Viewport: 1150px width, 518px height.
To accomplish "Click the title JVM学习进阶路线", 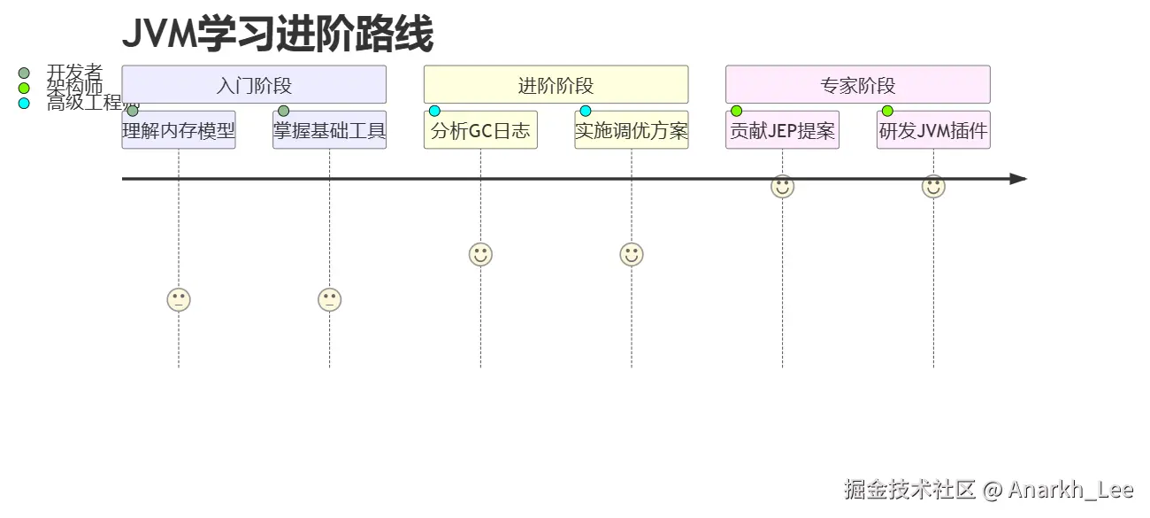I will pyautogui.click(x=277, y=35).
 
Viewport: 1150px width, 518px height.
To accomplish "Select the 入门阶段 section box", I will pyautogui.click(x=254, y=85).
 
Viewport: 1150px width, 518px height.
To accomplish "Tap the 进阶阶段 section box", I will pyautogui.click(x=556, y=85).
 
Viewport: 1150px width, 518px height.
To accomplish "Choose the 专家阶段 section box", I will pyautogui.click(x=857, y=85).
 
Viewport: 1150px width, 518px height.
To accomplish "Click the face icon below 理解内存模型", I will pyautogui.click(x=179, y=299).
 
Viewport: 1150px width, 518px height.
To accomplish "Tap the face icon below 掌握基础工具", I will pyautogui.click(x=329, y=299).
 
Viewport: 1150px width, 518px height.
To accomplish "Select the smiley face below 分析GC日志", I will pyautogui.click(x=480, y=254).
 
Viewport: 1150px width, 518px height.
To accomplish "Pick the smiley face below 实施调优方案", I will pyautogui.click(x=631, y=254).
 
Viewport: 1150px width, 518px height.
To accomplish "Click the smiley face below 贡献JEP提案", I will pyautogui.click(x=782, y=187).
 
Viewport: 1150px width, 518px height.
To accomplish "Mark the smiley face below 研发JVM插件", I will pyautogui.click(x=933, y=187).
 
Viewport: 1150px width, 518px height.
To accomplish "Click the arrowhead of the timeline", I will pyautogui.click(x=1018, y=179).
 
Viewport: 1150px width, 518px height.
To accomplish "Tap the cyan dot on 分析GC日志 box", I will pyautogui.click(x=434, y=111).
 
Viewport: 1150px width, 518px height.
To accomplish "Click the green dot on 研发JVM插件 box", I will pyautogui.click(x=887, y=111).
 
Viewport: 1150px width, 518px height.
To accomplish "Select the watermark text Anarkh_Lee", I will pyautogui.click(x=1070, y=489).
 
